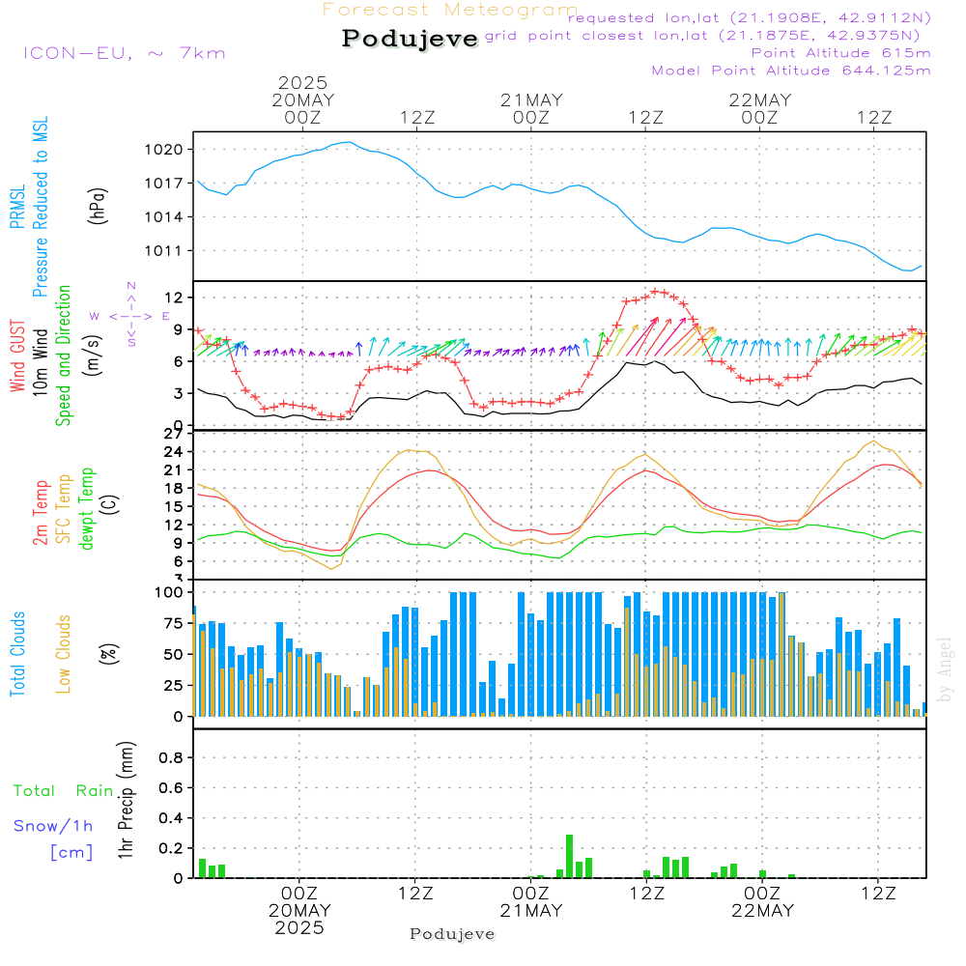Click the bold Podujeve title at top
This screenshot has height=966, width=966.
[411, 39]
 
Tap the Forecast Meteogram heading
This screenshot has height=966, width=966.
[450, 10]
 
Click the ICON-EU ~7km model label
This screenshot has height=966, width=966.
[124, 53]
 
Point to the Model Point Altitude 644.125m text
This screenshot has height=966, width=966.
[791, 71]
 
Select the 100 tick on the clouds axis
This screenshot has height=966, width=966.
[170, 591]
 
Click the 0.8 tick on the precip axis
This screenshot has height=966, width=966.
[171, 758]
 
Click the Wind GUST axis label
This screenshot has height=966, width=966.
[18, 357]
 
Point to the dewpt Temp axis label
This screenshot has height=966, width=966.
[87, 509]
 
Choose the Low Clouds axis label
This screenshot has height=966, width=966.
[65, 653]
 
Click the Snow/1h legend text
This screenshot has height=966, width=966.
[54, 826]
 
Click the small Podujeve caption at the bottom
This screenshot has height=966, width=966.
[452, 934]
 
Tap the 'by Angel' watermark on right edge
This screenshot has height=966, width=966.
[946, 668]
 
